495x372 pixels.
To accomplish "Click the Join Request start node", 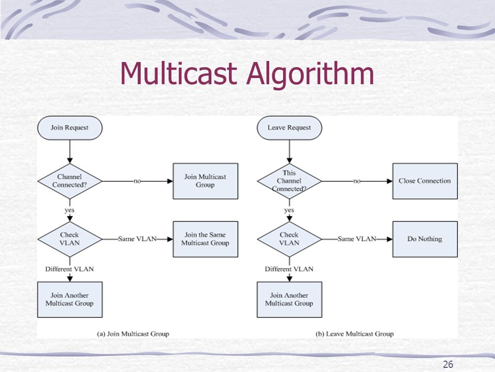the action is coord(70,128).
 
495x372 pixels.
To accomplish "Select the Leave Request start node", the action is coord(289,128).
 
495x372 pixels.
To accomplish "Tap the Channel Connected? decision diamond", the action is coord(70,181).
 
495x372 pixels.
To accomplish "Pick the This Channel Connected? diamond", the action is coord(289,181).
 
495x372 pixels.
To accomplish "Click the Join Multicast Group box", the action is coord(205,181).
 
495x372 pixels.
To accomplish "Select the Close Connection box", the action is coord(425,181).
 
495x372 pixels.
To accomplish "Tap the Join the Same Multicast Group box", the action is coord(205,239).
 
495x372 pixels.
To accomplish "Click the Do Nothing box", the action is coord(425,239).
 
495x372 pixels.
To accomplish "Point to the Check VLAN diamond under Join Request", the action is coord(70,239).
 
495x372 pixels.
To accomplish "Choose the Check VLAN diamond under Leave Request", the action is coord(289,239).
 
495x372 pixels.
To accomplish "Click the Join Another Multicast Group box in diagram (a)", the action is coord(70,300).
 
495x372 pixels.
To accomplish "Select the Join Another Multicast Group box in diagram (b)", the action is coord(289,300).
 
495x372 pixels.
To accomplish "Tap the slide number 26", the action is coord(448,364).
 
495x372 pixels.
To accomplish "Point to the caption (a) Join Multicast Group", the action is coord(133,334).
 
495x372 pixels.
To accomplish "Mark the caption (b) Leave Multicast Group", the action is coord(355,334).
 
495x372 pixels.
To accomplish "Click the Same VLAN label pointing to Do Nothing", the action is coord(357,239).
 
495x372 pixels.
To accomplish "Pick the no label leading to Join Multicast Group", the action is coord(137,181).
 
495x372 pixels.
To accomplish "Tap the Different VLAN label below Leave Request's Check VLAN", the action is coord(289,269).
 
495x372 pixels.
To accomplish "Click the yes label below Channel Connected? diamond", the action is coord(70,210).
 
